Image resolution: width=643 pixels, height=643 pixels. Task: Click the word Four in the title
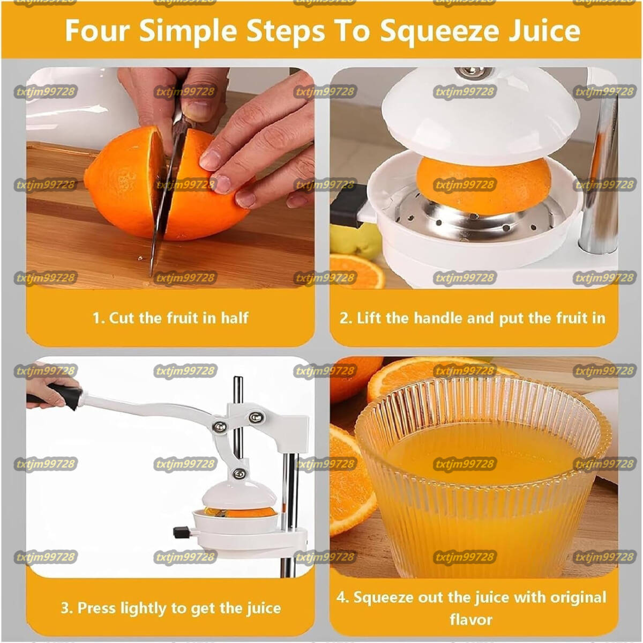(97, 31)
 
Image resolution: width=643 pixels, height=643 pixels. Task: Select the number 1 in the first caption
(96, 318)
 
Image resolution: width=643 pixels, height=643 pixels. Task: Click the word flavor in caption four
(471, 619)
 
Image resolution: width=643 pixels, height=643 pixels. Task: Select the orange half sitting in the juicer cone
(484, 185)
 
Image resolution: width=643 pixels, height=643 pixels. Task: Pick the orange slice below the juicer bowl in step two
(356, 271)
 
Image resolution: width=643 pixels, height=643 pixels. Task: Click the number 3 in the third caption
(65, 608)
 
